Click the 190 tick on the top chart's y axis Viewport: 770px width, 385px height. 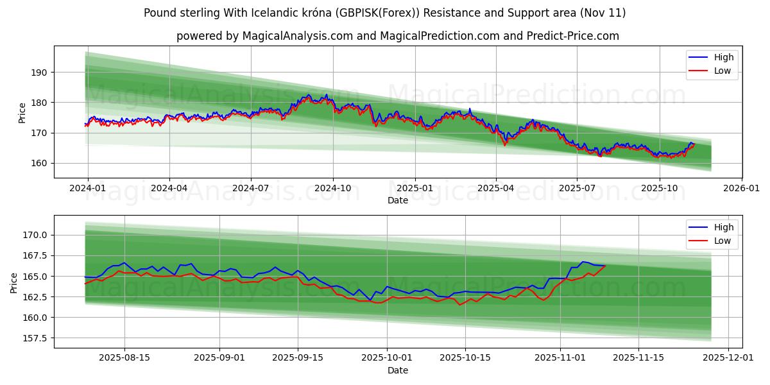pyautogui.click(x=40, y=73)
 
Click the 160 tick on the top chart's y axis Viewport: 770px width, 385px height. pyautogui.click(x=40, y=163)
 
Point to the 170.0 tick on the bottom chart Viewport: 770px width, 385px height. pyautogui.click(x=36, y=235)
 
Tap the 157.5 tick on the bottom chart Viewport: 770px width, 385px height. pyautogui.click(x=36, y=338)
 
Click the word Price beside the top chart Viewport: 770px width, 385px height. pyautogui.click(x=22, y=113)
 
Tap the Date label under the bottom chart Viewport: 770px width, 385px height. pyautogui.click(x=397, y=370)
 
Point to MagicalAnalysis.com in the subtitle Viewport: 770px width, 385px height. pyautogui.click(x=297, y=36)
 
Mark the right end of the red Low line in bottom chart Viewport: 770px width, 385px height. pyautogui.click(x=605, y=266)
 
